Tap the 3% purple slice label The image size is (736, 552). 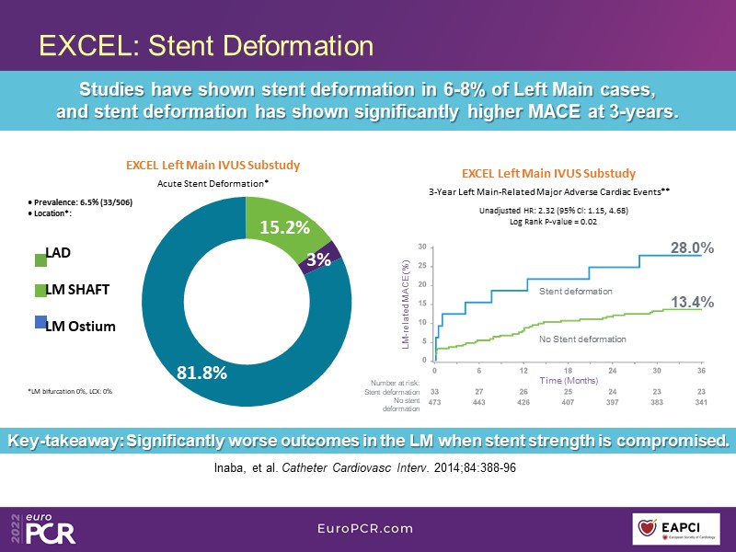[x=318, y=259]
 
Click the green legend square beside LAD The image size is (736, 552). [x=40, y=261]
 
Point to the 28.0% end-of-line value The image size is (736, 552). [x=692, y=247]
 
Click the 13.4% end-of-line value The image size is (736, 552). [x=692, y=302]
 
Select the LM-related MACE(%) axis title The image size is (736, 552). [x=405, y=304]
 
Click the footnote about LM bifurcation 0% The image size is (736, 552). [x=70, y=392]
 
